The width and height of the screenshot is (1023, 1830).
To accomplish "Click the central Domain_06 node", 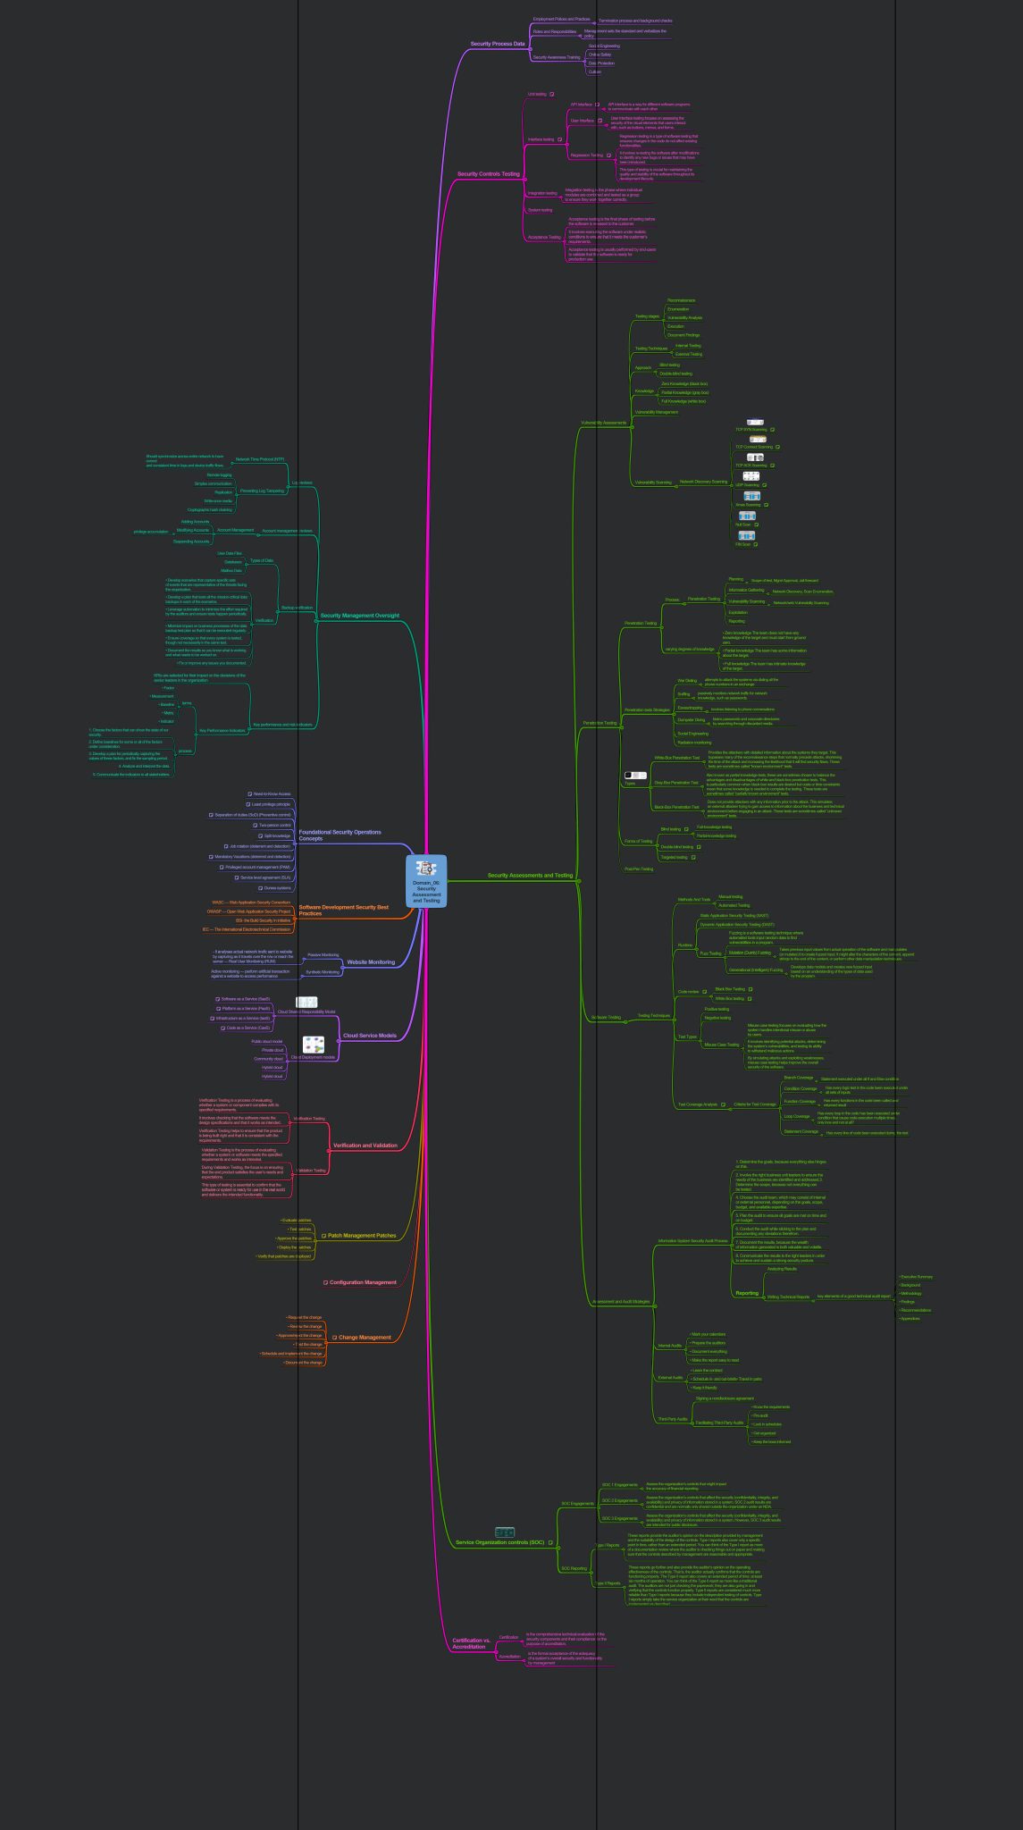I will click(426, 881).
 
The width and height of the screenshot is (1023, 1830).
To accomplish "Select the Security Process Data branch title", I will click(498, 44).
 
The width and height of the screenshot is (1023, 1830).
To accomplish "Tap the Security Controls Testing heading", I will click(488, 174).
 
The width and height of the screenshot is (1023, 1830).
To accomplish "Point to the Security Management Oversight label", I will click(359, 616).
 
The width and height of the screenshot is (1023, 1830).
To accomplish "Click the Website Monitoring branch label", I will click(370, 962).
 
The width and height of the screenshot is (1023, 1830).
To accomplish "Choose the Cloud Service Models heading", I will click(369, 1036).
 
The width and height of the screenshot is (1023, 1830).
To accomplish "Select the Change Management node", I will click(365, 1338).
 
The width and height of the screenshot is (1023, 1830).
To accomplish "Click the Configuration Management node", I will click(363, 1282).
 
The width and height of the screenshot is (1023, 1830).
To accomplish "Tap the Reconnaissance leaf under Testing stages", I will click(681, 300).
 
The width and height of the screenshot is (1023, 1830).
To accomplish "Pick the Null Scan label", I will click(743, 525).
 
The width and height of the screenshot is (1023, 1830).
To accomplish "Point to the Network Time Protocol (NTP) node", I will click(260, 459).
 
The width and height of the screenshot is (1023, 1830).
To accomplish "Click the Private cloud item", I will click(273, 1050).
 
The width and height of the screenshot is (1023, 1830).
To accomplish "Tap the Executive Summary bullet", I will click(917, 1277).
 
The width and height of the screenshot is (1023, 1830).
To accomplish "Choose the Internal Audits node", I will click(669, 1346).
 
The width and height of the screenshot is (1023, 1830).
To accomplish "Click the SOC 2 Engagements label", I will click(619, 1501).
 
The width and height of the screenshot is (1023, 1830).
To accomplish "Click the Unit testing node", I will click(537, 94).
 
